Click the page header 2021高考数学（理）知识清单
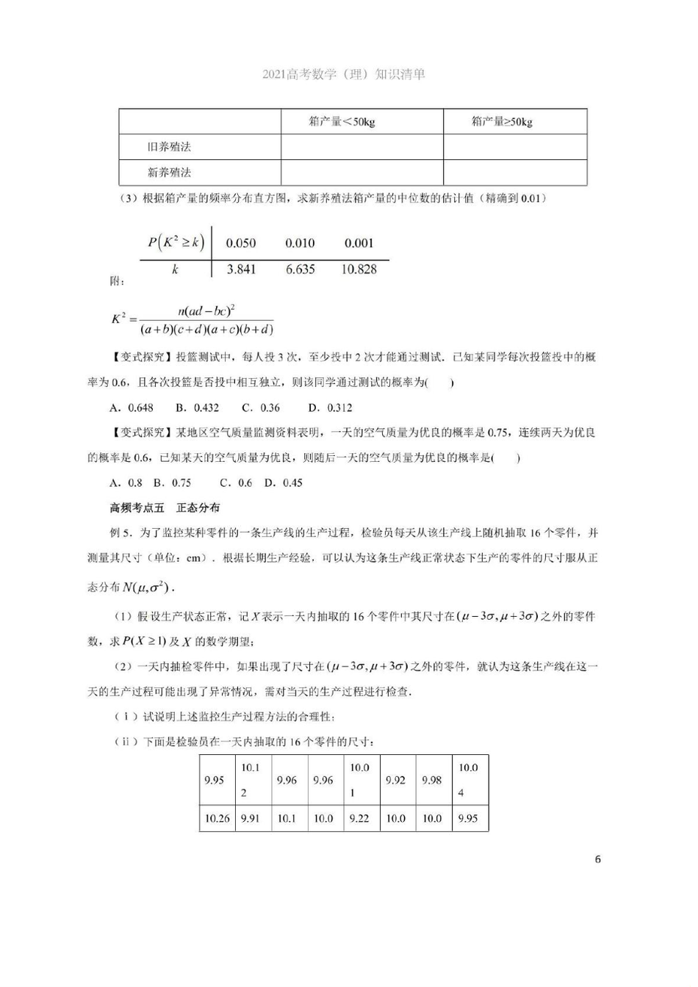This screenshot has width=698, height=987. point(344,74)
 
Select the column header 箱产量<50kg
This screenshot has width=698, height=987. point(342,122)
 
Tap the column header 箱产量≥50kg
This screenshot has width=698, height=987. point(502,122)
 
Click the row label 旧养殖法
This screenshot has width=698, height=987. point(169,147)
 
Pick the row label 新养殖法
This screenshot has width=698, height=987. point(169,173)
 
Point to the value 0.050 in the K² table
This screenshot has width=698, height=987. point(241,243)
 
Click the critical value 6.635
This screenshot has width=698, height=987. point(300,270)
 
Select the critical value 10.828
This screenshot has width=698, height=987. point(359,270)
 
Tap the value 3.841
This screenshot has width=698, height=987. point(241,270)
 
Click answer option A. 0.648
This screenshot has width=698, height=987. point(132,408)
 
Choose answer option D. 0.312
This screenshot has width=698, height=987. point(330,408)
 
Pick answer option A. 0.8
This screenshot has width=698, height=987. point(126,482)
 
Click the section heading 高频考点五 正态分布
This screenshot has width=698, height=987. point(165,507)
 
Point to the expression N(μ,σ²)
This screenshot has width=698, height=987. point(147,587)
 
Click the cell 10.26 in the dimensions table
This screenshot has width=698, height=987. point(217,818)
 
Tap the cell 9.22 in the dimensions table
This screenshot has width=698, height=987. point(359,818)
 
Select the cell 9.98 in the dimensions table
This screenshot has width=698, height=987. point(431,780)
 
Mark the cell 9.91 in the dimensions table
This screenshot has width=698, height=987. point(251,818)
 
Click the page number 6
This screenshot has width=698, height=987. point(597,859)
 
